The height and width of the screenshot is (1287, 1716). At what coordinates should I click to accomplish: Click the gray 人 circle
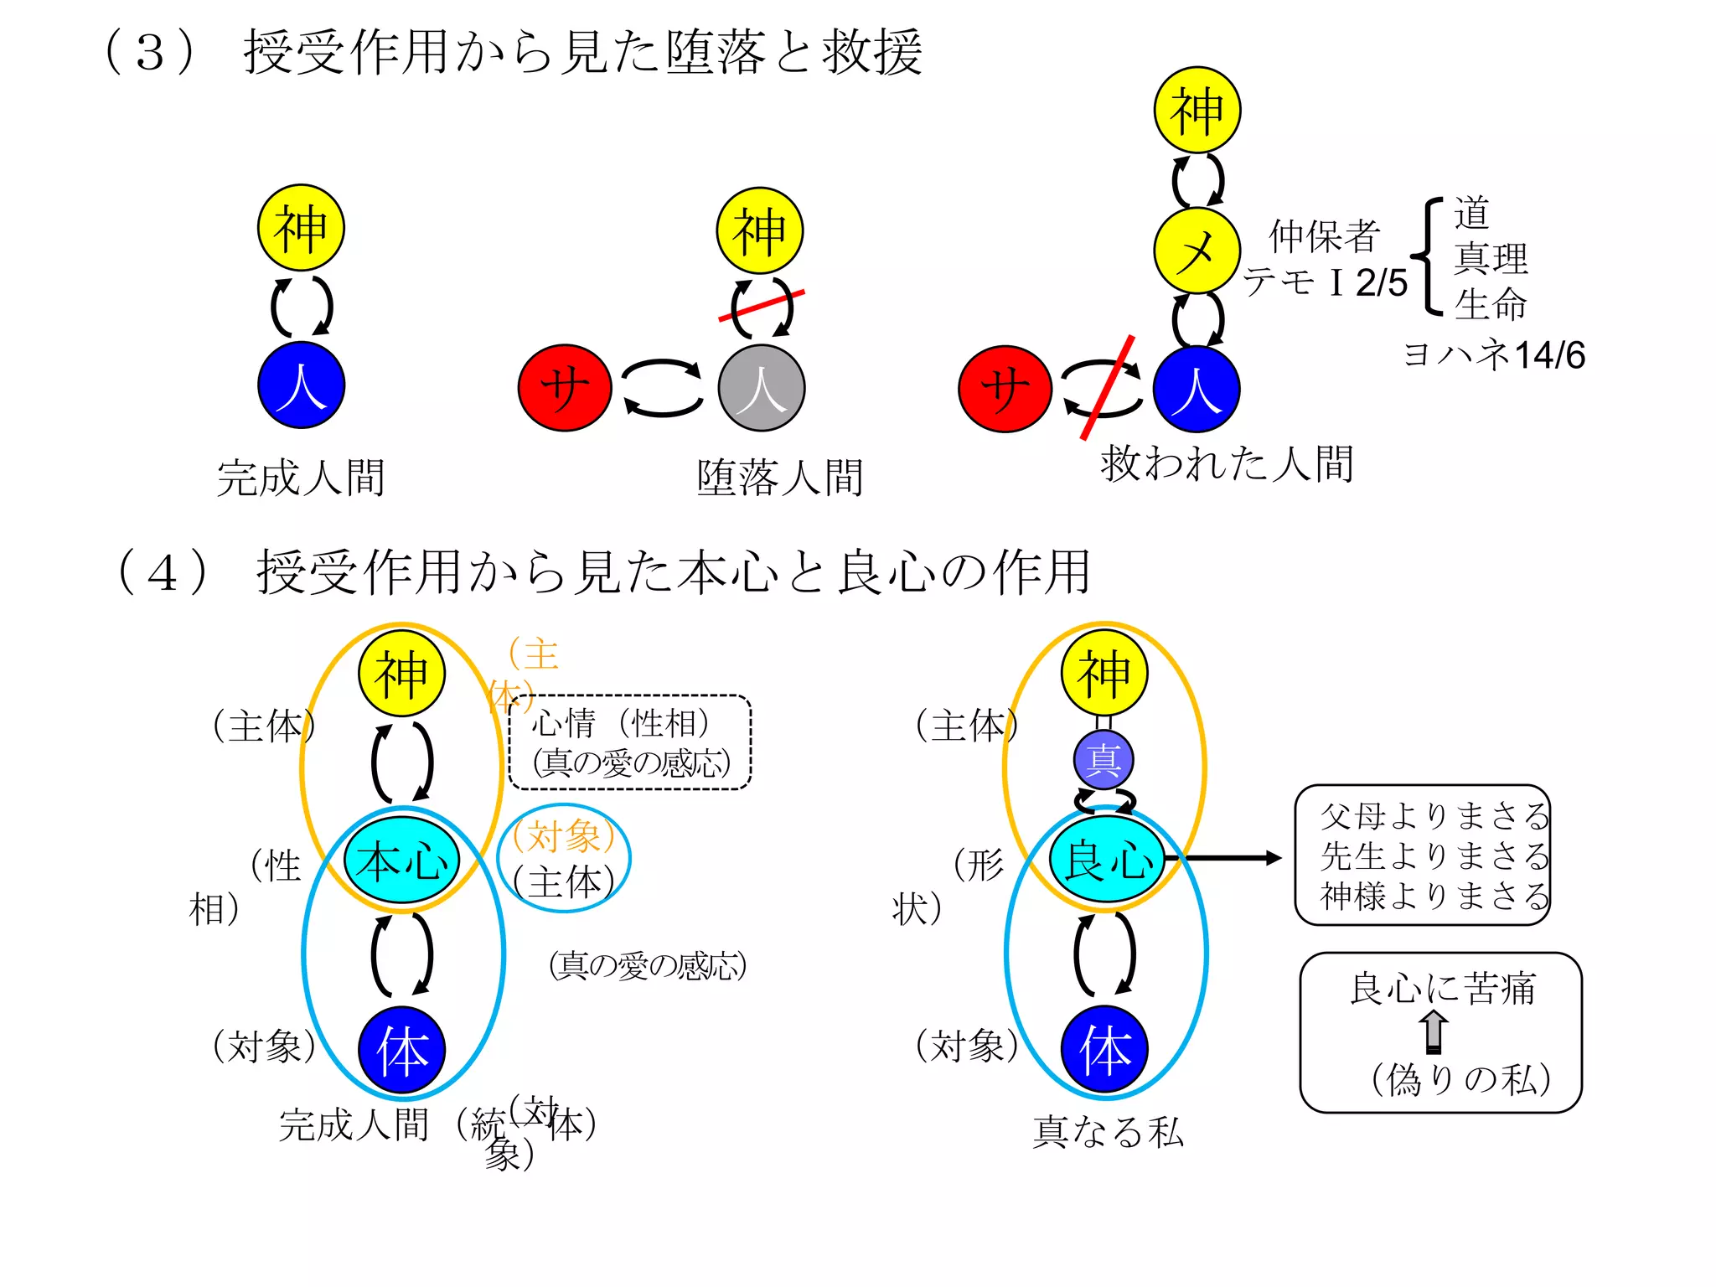tap(761, 388)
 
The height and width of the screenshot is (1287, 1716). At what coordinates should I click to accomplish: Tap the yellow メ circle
tap(1197, 251)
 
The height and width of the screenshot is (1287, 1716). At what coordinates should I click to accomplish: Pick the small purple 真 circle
tap(1104, 760)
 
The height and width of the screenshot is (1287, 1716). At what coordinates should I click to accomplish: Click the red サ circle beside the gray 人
tap(565, 388)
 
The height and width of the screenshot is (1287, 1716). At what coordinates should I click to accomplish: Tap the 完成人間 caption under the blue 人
tap(301, 478)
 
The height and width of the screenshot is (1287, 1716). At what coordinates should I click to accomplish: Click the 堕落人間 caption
tap(780, 478)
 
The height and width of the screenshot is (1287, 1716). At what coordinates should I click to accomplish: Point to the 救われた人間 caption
tap(1227, 463)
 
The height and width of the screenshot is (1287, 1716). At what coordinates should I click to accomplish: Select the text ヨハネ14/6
tap(1494, 355)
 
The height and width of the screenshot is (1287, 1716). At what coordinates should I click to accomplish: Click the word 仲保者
tap(1325, 236)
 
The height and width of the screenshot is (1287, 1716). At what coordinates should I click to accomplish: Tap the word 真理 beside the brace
tap(1491, 259)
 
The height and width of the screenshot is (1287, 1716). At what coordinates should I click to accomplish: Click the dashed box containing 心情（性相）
tap(630, 742)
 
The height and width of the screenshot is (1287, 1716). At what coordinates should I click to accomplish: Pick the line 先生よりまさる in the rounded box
tap(1434, 856)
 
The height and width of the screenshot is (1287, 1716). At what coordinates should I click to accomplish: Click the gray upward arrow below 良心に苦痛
tap(1434, 1031)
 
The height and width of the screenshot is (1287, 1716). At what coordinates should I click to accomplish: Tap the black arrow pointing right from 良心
tap(1232, 858)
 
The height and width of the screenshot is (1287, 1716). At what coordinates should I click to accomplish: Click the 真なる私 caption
tap(1108, 1132)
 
